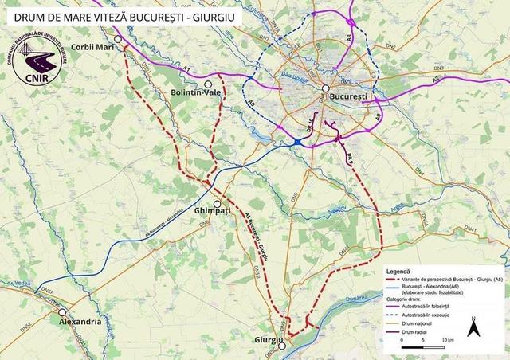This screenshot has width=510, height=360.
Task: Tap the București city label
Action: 347,96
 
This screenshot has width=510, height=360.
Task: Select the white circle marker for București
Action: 326,88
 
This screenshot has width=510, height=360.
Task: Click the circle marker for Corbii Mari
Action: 118,39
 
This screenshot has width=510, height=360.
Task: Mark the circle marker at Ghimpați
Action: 217,203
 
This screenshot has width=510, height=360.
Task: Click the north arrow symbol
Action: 473,327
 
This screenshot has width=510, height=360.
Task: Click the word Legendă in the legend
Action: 401,271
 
